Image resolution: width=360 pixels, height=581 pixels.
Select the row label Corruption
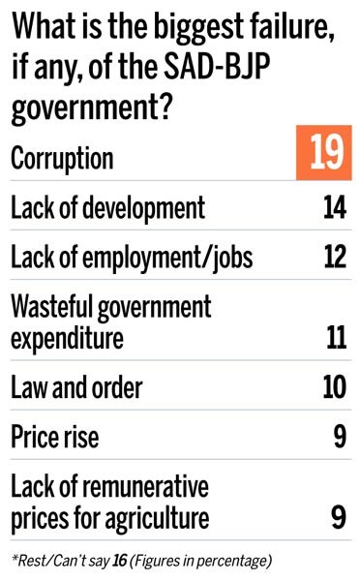(62, 159)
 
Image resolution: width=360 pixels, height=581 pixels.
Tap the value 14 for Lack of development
(331, 207)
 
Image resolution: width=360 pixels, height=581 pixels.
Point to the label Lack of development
(107, 207)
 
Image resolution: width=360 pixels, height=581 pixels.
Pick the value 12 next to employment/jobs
(331, 258)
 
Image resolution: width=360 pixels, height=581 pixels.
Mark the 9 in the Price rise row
(339, 438)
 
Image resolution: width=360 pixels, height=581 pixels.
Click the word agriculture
(155, 519)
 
